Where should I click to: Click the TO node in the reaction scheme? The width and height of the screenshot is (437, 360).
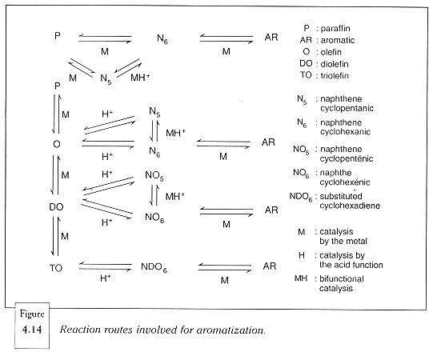pos(56,268)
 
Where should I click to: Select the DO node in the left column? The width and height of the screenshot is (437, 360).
pos(56,206)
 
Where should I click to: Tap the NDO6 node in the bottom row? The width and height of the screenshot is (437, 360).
pos(154,267)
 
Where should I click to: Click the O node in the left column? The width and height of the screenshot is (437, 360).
pos(57,144)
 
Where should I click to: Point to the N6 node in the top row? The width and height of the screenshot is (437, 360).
pos(162,38)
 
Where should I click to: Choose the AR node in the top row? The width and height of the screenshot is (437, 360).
pos(271,37)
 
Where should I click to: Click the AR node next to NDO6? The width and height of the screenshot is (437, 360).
pos(270,266)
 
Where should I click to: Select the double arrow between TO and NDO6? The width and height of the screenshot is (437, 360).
pos(106,266)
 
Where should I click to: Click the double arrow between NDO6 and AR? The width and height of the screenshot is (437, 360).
pos(225,267)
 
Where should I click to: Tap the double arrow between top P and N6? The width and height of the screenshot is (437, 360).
pos(105,38)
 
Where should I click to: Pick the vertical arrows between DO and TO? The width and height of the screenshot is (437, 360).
pos(55,236)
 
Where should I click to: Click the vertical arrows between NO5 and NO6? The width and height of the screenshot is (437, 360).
pos(154,195)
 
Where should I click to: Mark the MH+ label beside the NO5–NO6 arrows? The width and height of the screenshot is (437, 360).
pos(175,197)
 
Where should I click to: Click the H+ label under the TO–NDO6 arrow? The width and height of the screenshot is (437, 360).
pos(106,278)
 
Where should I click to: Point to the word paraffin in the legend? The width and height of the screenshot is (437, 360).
pos(335,29)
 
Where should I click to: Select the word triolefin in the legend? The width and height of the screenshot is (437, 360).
pos(335,75)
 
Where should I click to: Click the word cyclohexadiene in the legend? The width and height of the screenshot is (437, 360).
pos(350,206)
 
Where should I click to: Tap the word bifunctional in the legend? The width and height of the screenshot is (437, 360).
pos(342,279)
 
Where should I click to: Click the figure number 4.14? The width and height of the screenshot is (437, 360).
pos(32,330)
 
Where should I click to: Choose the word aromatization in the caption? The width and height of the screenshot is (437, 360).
pos(231,330)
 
